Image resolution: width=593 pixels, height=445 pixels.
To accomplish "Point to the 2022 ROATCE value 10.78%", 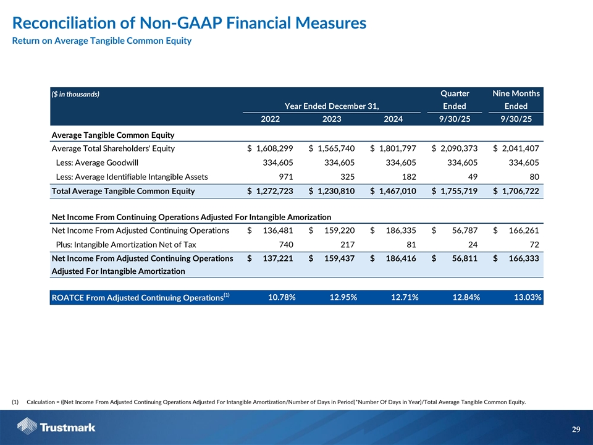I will coord(282,298).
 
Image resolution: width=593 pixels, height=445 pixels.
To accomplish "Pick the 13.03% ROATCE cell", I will coord(528,298).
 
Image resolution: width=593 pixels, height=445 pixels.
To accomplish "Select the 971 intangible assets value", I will coord(285,177).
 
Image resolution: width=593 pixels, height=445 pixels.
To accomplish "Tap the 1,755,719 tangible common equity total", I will coord(458,191).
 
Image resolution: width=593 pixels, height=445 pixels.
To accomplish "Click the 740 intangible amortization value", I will coord(285,245).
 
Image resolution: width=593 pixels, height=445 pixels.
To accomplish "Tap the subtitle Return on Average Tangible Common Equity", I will coord(102,41).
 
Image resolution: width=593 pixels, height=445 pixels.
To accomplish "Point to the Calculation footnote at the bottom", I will coord(272,402).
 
